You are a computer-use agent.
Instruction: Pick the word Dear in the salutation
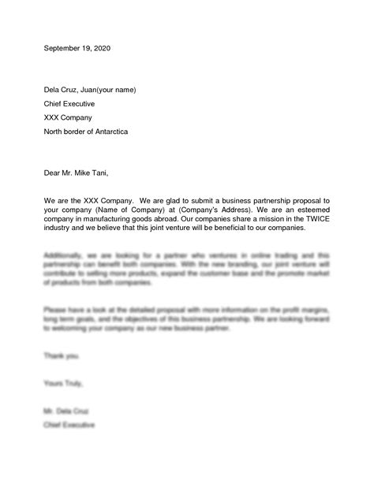coord(52,173)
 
